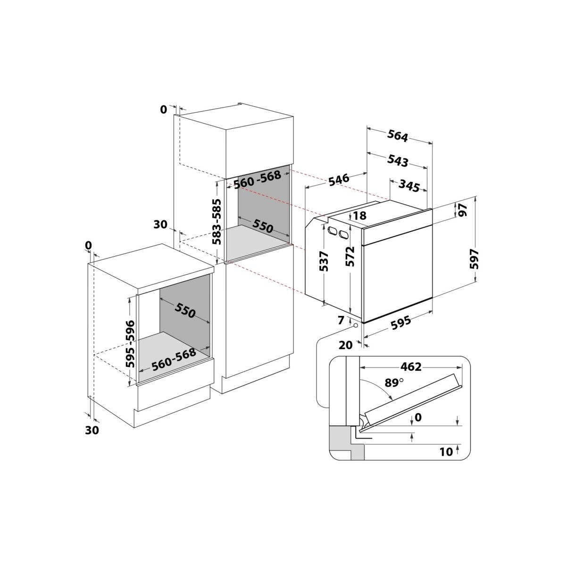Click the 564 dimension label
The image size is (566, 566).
398,135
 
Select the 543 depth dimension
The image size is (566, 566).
398,161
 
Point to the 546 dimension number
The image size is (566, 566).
339,179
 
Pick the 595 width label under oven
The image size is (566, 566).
401,324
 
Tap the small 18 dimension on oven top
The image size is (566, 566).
359,216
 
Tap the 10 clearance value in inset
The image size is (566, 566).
446,451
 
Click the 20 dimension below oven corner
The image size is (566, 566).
346,345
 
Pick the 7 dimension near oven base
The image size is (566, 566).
341,321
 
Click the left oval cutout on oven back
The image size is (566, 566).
332,231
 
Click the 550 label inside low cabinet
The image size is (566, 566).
185,310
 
